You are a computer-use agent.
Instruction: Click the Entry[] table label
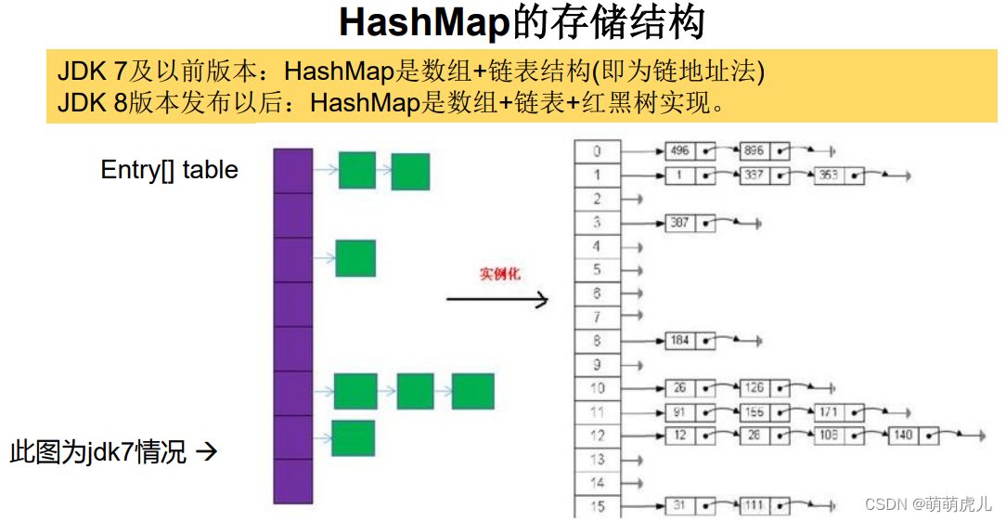tap(169, 170)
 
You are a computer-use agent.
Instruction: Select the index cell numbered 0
tap(597, 151)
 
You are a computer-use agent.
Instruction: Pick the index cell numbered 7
tap(597, 318)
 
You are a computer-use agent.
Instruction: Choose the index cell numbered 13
tap(597, 459)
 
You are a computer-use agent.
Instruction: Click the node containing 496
tap(680, 151)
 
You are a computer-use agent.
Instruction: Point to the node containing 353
tap(829, 175)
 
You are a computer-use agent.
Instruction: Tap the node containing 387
tap(680, 223)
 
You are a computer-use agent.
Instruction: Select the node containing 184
tap(680, 341)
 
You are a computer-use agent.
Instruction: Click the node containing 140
tap(903, 435)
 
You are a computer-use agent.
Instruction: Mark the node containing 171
tap(829, 411)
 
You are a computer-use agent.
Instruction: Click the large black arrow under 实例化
tap(497, 299)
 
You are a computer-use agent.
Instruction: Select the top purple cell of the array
tap(292, 171)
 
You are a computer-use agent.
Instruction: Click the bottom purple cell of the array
tap(292, 481)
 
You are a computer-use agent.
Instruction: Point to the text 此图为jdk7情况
tap(97, 452)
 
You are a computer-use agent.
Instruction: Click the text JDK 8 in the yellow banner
tap(92, 102)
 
